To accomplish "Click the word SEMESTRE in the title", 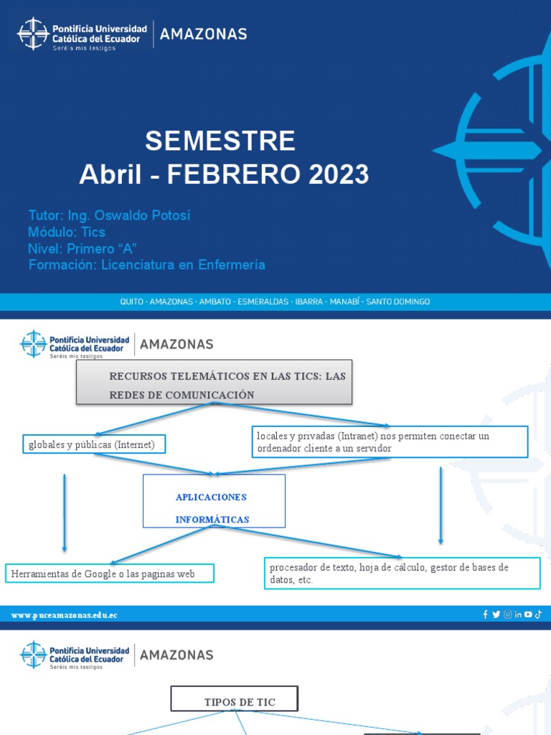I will click(x=220, y=141).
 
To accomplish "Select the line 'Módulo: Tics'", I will click(x=67, y=232).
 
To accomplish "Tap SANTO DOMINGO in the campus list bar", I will click(x=398, y=302).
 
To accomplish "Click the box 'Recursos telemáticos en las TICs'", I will click(x=215, y=382).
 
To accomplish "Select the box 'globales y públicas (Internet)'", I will click(x=92, y=445).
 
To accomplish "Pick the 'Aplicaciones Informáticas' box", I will click(x=213, y=507).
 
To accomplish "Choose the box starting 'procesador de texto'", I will click(x=402, y=573).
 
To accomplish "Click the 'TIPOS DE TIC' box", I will click(x=233, y=702).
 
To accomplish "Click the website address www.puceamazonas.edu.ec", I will click(x=65, y=615).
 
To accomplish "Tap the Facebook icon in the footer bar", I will click(x=486, y=614).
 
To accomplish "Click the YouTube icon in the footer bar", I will click(x=528, y=614).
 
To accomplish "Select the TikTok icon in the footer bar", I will click(x=538, y=614).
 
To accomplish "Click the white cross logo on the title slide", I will click(x=33, y=34).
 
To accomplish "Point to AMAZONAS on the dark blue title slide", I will click(x=203, y=34).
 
